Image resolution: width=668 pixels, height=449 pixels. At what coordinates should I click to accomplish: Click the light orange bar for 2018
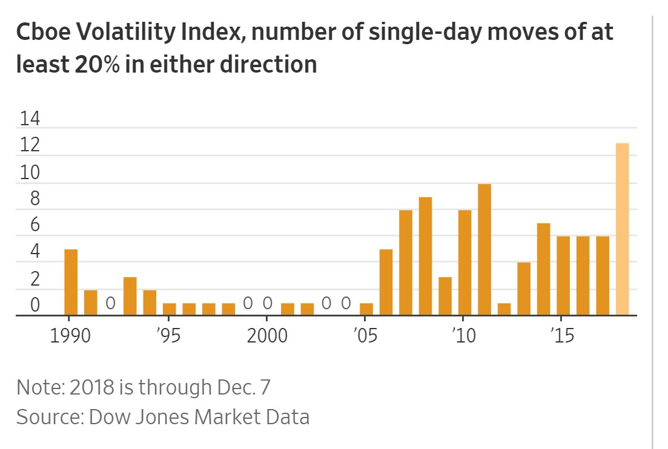point(623,229)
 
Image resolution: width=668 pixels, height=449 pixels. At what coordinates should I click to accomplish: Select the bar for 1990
point(71,282)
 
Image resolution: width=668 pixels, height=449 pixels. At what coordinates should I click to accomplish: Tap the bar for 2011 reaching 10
point(484,249)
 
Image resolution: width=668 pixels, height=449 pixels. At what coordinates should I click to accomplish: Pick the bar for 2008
point(425,256)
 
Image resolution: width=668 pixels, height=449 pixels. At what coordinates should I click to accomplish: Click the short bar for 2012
point(504,309)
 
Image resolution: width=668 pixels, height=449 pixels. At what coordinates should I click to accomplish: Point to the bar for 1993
point(130,296)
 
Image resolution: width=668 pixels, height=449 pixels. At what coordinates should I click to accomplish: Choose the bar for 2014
point(543,269)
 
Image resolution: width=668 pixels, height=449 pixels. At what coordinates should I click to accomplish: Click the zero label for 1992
point(110,303)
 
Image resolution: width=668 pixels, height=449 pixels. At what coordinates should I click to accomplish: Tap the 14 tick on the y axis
point(30,119)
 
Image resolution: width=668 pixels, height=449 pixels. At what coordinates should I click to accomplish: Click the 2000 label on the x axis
point(266,335)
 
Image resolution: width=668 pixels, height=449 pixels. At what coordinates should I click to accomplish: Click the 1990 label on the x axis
point(70,335)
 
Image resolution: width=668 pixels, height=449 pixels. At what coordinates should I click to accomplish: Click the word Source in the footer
point(48,417)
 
